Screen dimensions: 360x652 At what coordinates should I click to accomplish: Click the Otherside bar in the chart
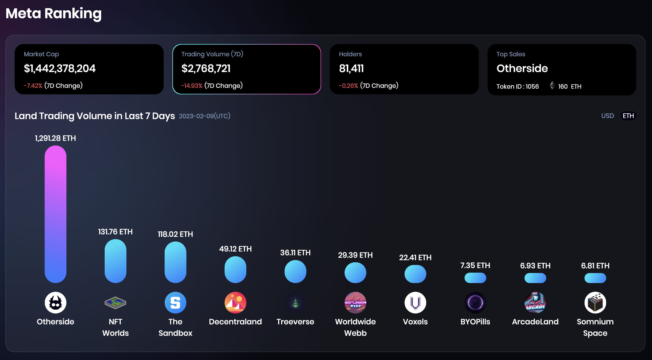tap(55, 214)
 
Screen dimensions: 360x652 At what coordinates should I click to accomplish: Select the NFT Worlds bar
tap(115, 261)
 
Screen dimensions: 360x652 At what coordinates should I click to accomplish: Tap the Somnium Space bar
tap(595, 278)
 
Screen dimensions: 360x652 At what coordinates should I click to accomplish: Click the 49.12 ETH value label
tap(235, 249)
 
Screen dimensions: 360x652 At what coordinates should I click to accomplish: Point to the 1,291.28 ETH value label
tap(55, 138)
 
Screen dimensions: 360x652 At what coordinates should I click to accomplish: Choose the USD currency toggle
tap(607, 116)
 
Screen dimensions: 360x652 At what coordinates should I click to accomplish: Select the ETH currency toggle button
tap(628, 116)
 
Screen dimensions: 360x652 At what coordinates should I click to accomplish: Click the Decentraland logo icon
tap(235, 303)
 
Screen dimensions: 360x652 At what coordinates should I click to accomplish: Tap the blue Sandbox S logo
tap(175, 303)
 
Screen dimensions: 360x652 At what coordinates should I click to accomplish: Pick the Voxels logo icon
tap(415, 303)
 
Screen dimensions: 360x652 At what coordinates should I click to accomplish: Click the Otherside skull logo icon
tap(55, 303)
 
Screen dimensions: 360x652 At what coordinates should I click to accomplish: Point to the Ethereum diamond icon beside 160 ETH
tap(552, 85)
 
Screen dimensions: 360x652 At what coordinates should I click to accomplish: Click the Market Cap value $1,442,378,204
tap(60, 69)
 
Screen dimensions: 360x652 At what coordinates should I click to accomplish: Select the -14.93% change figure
tap(192, 86)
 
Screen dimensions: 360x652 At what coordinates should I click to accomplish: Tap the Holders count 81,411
tap(351, 69)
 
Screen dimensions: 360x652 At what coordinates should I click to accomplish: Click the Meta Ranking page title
tap(54, 13)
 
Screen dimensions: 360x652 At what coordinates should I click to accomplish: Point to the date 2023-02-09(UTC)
tap(204, 116)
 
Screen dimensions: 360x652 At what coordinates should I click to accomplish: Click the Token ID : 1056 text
tap(517, 86)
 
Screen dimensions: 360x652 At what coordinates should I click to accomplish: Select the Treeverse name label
tap(295, 322)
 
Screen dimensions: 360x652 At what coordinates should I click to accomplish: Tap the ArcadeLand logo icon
tap(535, 303)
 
